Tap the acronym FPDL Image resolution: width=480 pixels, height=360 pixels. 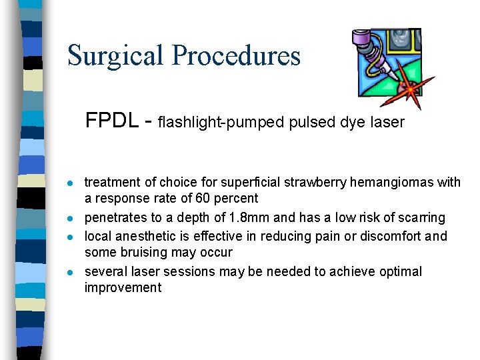point(112,121)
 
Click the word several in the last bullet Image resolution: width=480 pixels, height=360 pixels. point(104,271)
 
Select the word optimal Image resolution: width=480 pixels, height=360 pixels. point(400,271)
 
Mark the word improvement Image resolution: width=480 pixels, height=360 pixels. point(123,287)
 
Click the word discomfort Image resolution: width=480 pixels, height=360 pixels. point(390,236)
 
